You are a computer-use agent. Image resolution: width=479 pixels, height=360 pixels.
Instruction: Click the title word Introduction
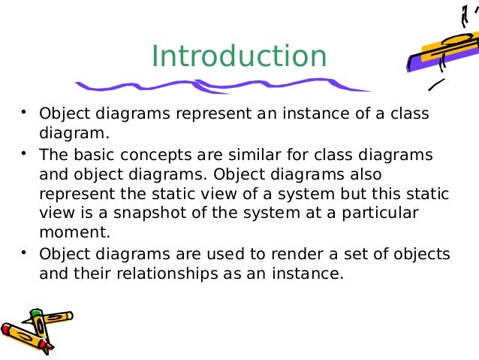239,56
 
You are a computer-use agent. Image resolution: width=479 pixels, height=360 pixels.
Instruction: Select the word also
417,174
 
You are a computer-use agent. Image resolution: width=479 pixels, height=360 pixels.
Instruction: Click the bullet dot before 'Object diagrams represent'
25,113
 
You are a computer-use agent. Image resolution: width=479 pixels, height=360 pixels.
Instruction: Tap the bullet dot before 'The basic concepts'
25,153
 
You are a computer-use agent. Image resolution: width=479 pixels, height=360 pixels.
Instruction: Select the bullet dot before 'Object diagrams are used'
25,251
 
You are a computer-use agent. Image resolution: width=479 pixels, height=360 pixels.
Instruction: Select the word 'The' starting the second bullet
53,155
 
